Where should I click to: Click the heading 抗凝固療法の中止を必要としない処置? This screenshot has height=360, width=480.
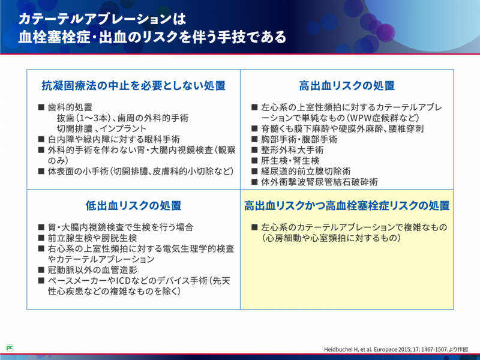tap(133, 86)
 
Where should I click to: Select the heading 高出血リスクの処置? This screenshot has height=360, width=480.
tap(347, 86)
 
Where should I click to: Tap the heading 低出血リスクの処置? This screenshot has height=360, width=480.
tap(133, 205)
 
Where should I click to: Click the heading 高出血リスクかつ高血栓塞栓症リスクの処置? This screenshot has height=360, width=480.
tap(347, 205)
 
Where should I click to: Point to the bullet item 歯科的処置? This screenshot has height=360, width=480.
tap(70, 107)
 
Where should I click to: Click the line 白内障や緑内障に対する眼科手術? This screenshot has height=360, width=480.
tap(113, 139)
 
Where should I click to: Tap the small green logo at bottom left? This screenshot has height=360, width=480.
tap(10, 347)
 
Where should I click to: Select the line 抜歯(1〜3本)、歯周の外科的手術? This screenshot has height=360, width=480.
tap(122, 118)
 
